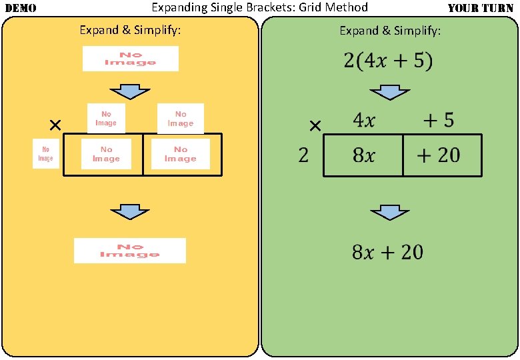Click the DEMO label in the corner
click(x=20, y=9)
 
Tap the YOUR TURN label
click(x=481, y=9)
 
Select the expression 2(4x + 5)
click(x=388, y=61)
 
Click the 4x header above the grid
click(x=363, y=121)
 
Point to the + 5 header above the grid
click(x=439, y=121)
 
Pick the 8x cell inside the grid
click(x=363, y=155)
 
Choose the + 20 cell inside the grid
click(x=438, y=155)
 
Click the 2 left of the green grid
click(x=303, y=155)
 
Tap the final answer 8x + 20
click(x=387, y=252)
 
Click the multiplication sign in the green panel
click(x=315, y=125)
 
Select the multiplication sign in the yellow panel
click(x=55, y=125)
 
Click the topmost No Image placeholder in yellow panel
click(x=130, y=59)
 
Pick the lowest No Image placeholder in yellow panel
click(x=130, y=250)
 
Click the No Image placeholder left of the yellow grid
click(x=45, y=154)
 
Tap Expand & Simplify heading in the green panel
click(x=390, y=31)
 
